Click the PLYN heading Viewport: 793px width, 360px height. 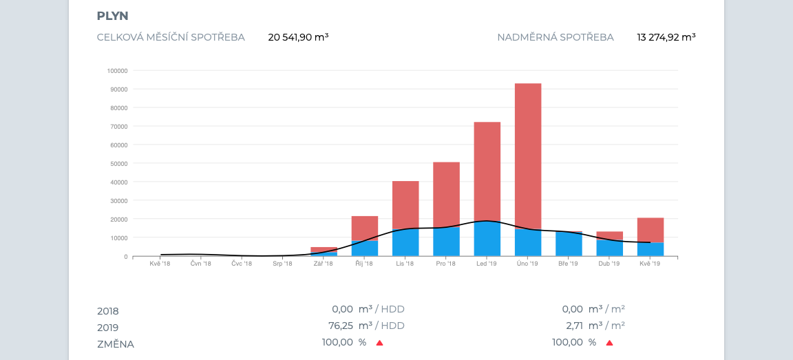coord(112,16)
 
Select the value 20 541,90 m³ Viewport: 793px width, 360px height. coord(298,37)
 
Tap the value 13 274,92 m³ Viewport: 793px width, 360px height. coord(666,37)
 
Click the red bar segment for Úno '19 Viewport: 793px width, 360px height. coord(528,155)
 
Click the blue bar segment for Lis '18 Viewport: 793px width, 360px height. coord(405,243)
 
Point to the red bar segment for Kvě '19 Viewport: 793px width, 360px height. coord(651,230)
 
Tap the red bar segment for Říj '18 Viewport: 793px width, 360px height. coord(365,228)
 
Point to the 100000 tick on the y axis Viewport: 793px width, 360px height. coord(117,70)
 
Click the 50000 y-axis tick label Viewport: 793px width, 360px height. coord(118,163)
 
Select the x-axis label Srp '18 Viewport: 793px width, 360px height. coord(283,264)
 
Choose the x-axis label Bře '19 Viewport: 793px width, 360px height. coord(569,264)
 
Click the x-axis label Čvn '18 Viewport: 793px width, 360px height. coord(201,264)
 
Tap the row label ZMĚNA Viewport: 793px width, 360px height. coord(116,343)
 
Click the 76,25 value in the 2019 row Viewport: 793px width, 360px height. coord(341,326)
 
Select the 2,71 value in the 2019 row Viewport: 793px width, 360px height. coord(573,326)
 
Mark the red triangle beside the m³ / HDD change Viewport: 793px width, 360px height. coord(379,342)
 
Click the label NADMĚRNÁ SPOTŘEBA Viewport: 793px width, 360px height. coord(556,37)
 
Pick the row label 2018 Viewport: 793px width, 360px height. coord(108,310)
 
